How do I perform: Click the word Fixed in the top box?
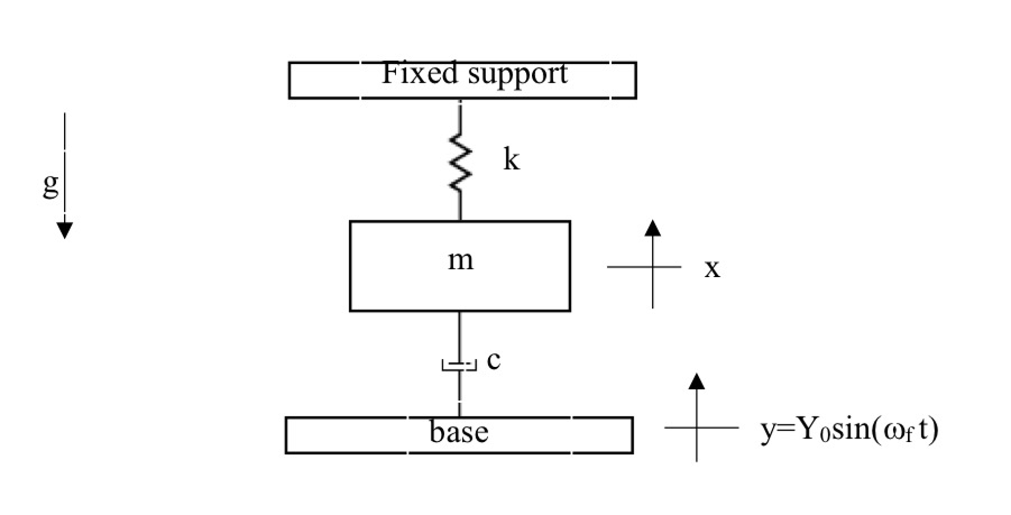pos(420,74)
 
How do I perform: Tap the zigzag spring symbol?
pos(460,162)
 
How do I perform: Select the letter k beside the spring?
pos(511,160)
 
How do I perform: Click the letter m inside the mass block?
pos(460,260)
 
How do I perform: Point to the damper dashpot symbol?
pos(459,365)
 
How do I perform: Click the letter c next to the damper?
pos(493,360)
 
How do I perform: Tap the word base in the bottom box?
pos(459,432)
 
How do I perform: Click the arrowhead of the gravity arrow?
pos(65,230)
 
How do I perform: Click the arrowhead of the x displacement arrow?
pos(653,228)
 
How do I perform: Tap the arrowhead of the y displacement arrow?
pos(696,382)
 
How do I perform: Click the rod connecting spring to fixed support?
pos(460,116)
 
